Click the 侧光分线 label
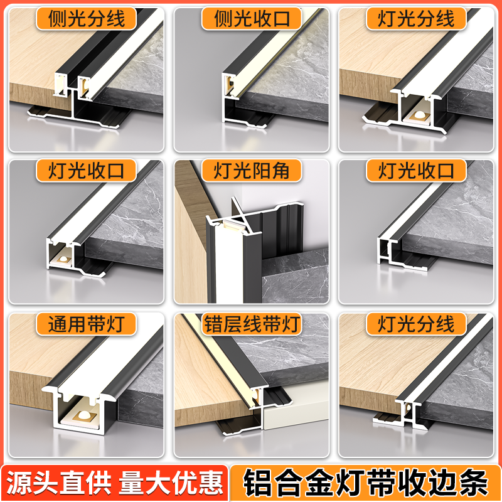click(x=86, y=18)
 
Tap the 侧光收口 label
click(x=251, y=18)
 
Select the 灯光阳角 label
click(x=251, y=171)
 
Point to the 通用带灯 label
click(x=86, y=324)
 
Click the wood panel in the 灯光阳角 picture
click(x=188, y=251)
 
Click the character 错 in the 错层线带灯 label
click(x=213, y=324)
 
